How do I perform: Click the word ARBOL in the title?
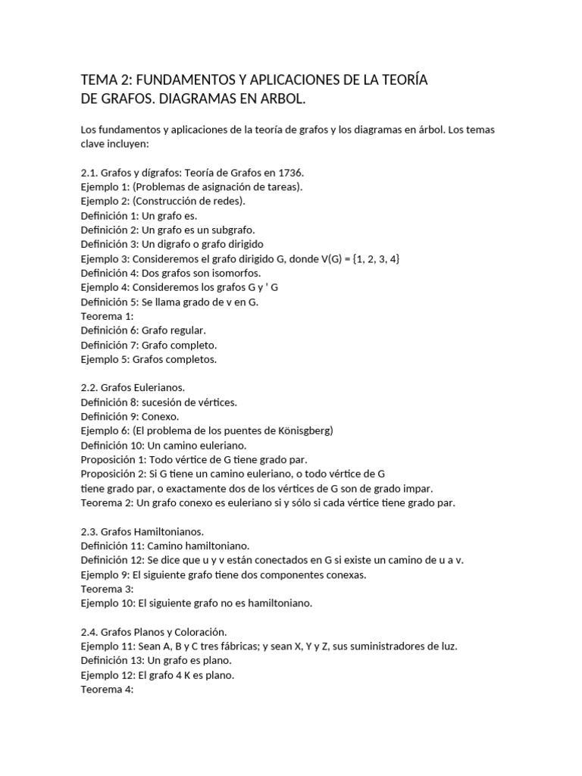[x=284, y=99]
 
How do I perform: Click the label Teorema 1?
[x=107, y=316]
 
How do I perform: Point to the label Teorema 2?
[x=107, y=502]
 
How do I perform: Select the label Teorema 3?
[x=107, y=589]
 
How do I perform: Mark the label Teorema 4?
[x=107, y=690]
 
